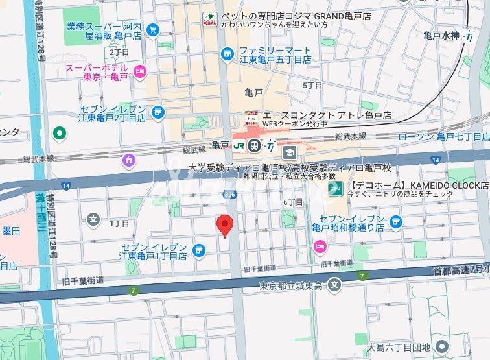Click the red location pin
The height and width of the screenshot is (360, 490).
point(224,225)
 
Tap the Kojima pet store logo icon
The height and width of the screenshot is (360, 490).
point(209,19)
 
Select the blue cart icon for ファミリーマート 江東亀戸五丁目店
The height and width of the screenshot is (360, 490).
point(226,54)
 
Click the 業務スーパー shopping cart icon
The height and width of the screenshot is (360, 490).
point(153,29)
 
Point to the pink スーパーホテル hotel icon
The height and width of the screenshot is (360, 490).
point(139,71)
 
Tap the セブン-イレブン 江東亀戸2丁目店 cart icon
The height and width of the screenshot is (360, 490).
point(158,114)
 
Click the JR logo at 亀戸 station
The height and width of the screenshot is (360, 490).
point(240,145)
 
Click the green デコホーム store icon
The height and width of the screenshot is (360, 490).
point(335,188)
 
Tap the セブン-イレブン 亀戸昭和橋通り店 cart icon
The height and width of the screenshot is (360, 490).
point(396,222)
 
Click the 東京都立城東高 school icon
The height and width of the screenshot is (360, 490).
point(334,285)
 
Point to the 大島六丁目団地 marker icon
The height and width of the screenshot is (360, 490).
point(442,346)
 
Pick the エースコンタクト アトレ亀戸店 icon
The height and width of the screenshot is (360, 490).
point(251,119)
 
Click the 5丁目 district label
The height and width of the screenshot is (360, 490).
point(312,85)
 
